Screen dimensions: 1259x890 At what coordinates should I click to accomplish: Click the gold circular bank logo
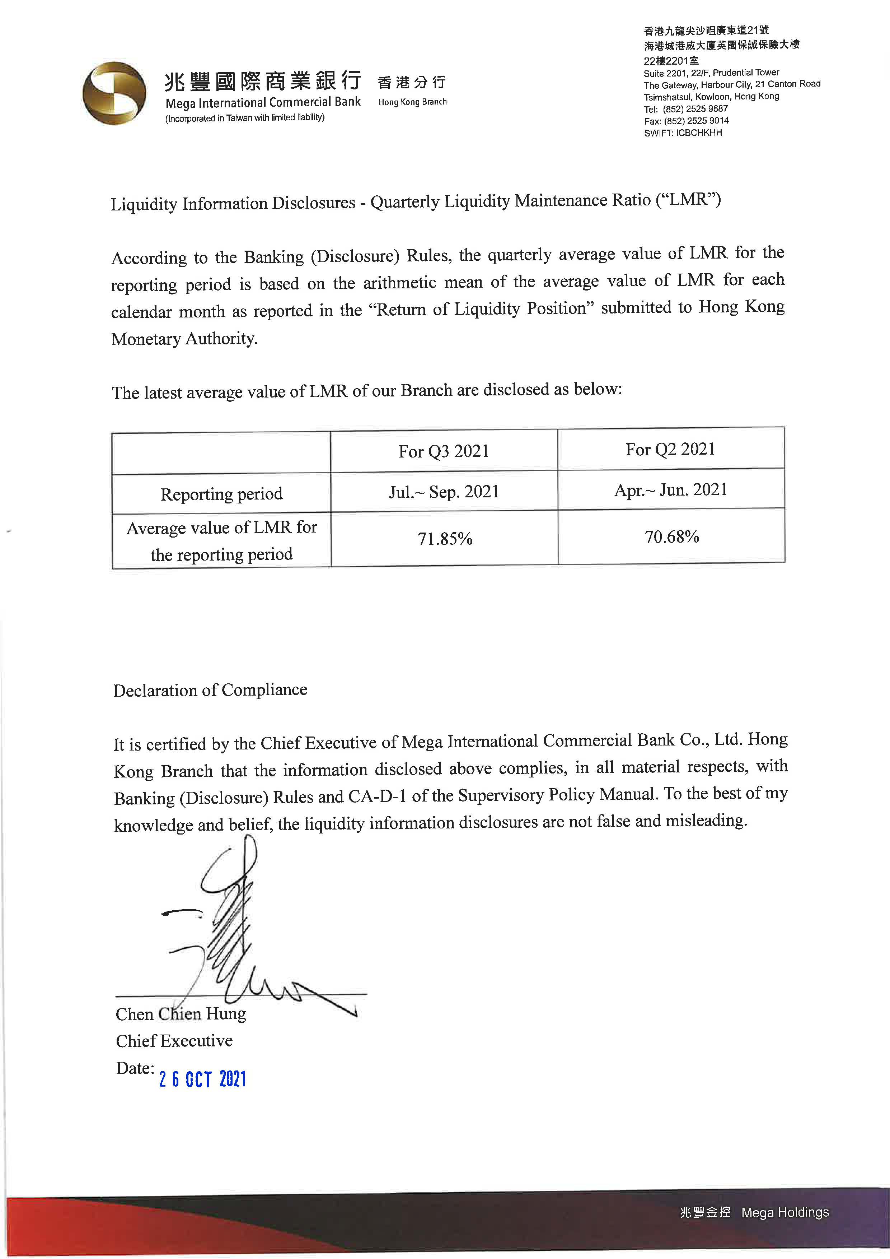[x=114, y=93]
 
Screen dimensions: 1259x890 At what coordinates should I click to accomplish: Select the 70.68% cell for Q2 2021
[x=671, y=537]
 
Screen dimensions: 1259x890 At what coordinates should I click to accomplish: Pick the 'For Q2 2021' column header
[x=670, y=449]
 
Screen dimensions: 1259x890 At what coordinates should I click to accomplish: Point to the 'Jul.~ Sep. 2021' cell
[x=444, y=492]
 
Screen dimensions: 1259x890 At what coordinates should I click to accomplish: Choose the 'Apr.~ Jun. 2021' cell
[x=671, y=490]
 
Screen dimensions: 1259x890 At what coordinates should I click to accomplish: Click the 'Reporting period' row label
[x=221, y=494]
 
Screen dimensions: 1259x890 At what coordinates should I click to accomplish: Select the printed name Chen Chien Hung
[x=181, y=1014]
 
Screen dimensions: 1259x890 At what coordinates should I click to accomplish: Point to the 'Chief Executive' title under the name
[x=174, y=1041]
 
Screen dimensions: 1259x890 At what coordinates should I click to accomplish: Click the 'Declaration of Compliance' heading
[x=210, y=690]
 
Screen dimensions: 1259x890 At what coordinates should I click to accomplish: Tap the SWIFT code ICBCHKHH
[x=699, y=133]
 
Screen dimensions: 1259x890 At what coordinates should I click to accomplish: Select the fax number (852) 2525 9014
[x=696, y=121]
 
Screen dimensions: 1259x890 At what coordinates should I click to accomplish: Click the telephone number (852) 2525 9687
[x=695, y=108]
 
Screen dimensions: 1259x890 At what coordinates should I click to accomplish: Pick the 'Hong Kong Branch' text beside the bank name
[x=412, y=102]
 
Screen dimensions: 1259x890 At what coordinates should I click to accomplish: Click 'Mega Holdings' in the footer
[x=785, y=1212]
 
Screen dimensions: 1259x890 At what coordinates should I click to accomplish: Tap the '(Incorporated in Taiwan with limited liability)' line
[x=245, y=118]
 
